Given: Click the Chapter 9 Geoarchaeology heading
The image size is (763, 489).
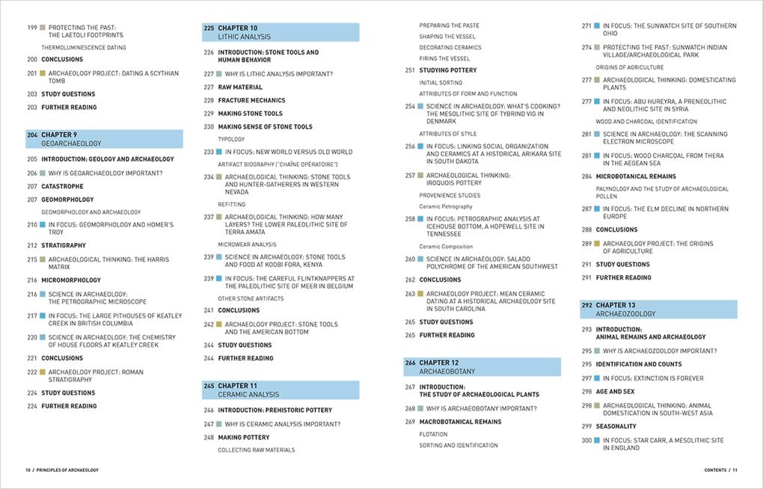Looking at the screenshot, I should (x=104, y=139).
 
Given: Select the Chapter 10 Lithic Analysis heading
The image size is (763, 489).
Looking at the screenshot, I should (x=281, y=32).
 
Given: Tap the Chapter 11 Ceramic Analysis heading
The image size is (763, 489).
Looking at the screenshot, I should (x=281, y=390).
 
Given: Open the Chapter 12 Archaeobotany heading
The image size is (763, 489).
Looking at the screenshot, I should (x=482, y=366).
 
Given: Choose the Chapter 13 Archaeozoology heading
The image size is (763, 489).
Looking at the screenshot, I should (x=658, y=310).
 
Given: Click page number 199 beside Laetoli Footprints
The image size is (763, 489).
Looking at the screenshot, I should (x=32, y=26).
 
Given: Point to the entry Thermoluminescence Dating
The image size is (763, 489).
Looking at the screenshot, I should (x=84, y=47).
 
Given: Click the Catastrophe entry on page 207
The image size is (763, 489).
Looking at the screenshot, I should (x=62, y=186).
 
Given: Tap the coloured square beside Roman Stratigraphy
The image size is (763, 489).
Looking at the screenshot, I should (x=43, y=372).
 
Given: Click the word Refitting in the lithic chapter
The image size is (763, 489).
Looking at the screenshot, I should (x=232, y=204).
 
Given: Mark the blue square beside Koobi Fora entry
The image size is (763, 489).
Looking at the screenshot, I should (x=219, y=256).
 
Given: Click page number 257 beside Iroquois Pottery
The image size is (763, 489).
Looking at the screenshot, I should (x=410, y=175).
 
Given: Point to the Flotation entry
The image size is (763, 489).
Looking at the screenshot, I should (x=433, y=434).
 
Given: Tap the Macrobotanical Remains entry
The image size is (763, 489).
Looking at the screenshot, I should (x=460, y=422).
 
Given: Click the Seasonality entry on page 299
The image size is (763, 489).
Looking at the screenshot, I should (x=616, y=426).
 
